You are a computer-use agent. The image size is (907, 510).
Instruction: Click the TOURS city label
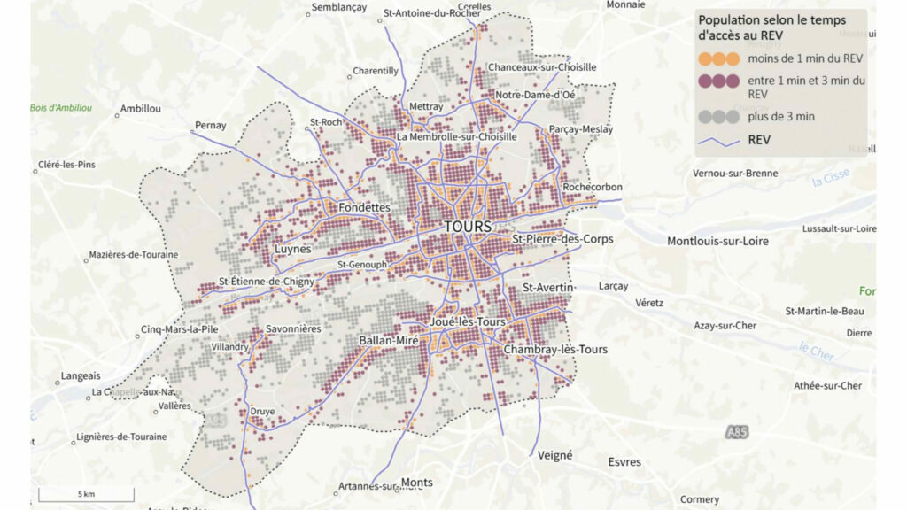[x=467, y=227]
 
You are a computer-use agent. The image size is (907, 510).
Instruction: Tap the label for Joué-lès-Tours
[x=467, y=321]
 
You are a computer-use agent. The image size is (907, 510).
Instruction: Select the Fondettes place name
[x=364, y=207]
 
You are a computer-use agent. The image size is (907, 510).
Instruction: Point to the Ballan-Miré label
[x=389, y=341]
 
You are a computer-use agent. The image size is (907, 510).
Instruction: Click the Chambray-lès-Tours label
[x=555, y=350]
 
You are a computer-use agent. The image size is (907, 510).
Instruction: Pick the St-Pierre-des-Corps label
[x=562, y=239]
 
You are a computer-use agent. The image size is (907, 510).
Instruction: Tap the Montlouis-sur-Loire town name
[x=717, y=241]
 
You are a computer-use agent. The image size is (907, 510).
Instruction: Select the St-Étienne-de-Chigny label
[x=263, y=282]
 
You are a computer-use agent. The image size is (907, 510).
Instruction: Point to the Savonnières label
[x=293, y=329]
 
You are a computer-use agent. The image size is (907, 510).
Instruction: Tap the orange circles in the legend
[x=718, y=59]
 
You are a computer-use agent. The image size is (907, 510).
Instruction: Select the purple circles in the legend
[x=718, y=81]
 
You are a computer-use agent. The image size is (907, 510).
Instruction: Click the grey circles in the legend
[x=718, y=116]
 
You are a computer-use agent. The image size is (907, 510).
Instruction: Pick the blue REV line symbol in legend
[x=718, y=140]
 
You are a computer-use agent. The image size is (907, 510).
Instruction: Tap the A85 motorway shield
[x=736, y=431]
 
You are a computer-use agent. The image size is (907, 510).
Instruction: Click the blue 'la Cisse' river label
[x=831, y=178]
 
